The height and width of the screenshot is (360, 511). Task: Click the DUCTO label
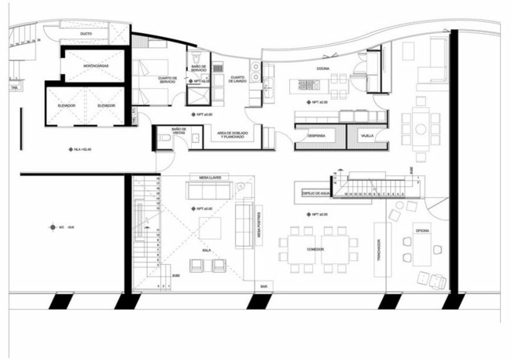(86, 34)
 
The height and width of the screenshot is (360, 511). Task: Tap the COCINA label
(322, 69)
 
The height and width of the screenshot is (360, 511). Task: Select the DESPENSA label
(317, 136)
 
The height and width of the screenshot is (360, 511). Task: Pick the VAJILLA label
(367, 136)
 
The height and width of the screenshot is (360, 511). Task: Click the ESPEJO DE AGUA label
(312, 190)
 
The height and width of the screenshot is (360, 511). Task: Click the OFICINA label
(421, 231)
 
